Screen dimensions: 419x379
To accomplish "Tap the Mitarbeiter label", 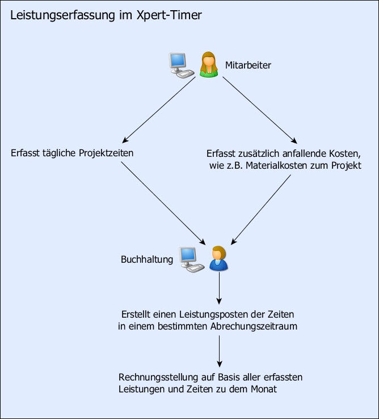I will click(x=248, y=65).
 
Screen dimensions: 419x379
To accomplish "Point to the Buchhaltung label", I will click(x=146, y=259).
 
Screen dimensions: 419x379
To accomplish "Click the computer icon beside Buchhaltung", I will click(x=191, y=259).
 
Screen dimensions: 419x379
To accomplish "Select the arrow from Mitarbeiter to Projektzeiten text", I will click(x=159, y=109).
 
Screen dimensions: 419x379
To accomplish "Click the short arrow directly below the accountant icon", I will click(x=219, y=289).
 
